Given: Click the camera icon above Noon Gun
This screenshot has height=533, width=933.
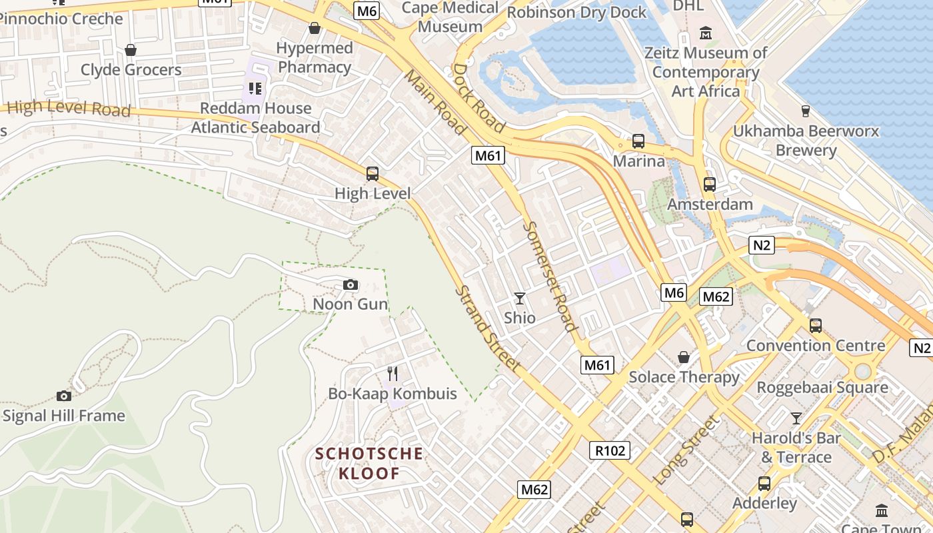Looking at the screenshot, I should tap(351, 285).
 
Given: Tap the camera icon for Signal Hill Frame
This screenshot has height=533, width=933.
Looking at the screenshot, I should tap(64, 396).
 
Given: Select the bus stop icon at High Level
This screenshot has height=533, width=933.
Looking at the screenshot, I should tap(373, 174).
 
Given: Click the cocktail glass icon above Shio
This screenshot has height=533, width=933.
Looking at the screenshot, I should tap(520, 298).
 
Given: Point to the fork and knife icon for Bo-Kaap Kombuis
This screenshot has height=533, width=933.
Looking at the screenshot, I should tap(393, 374).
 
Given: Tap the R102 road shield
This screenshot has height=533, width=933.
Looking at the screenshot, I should tap(610, 450).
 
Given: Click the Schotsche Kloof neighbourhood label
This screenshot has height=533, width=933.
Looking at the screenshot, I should tap(369, 464).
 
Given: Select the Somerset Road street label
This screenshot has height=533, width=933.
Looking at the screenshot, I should tap(548, 276).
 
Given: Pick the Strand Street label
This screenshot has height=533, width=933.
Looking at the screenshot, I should tap(487, 329).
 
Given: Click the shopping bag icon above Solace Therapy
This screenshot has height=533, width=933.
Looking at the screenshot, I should tap(684, 358).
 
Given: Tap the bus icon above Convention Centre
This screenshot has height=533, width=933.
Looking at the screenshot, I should tap(815, 326).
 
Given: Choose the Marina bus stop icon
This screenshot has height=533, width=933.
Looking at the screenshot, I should tap(638, 141).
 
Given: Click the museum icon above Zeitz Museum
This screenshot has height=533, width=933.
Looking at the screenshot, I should tap(706, 33).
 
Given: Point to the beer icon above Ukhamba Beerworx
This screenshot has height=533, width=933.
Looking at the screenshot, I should tap(805, 111).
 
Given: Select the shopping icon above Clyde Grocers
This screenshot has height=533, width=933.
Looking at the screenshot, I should tap(131, 50).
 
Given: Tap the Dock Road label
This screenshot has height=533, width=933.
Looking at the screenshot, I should tap(478, 97).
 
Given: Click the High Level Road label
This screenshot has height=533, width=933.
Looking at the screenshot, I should tap(69, 107).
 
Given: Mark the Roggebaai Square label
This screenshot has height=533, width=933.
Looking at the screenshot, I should tap(822, 387).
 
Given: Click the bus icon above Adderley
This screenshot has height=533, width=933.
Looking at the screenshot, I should tap(764, 484).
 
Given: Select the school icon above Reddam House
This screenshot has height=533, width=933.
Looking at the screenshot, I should tap(255, 88).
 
